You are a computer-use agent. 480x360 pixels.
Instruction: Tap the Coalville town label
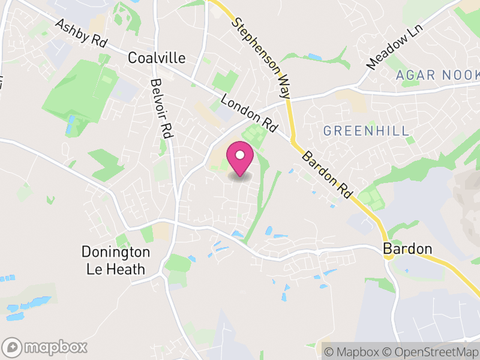[157, 58]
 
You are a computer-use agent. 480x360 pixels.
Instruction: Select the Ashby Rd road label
[80, 34]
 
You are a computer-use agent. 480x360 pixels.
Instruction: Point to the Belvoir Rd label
[161, 109]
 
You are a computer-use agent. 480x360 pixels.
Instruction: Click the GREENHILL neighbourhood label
[366, 130]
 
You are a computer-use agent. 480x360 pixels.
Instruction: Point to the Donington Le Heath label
[116, 260]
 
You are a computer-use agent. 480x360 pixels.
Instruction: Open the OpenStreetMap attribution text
[431, 351]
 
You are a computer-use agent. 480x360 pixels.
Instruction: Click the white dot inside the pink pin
[240, 155]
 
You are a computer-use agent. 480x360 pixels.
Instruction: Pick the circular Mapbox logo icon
[13, 347]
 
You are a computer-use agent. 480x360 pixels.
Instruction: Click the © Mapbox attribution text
[352, 351]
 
